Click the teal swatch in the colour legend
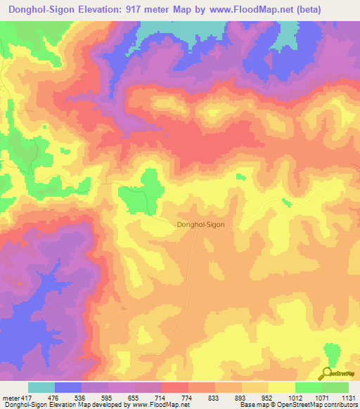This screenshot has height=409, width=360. pyautogui.click(x=41, y=387)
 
